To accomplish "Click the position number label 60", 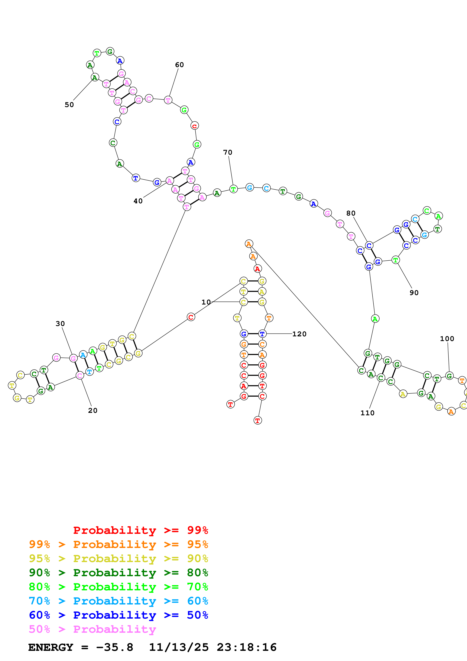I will [x=179, y=65].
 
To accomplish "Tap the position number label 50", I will [x=69, y=105].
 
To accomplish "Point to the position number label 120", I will [x=299, y=334].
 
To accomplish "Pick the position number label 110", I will [x=368, y=413].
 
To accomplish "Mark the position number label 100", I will [x=447, y=339].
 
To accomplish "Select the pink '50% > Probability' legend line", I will [x=92, y=629].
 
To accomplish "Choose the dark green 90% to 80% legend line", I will [x=118, y=573].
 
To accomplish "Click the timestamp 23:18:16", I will [x=247, y=647].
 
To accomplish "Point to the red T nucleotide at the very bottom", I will [x=258, y=420].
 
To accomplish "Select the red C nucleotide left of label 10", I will [x=191, y=317].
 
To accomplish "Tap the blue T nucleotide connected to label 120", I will [x=262, y=334].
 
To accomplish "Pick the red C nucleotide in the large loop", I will [x=195, y=126].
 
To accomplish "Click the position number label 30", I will [x=60, y=324].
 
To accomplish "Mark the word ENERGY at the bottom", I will [x=51, y=647].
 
